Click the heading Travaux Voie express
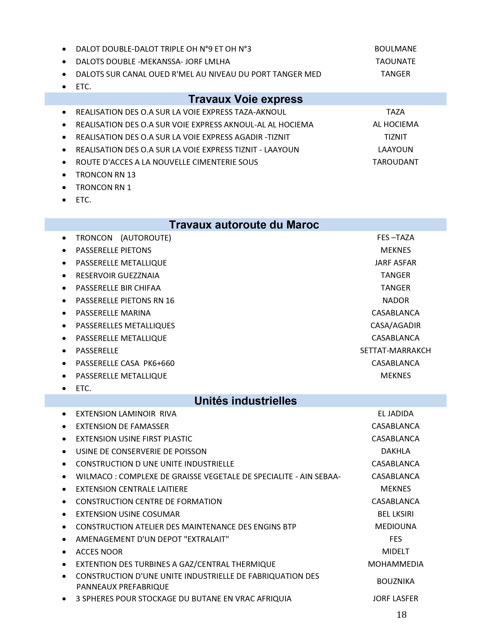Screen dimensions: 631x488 [246, 99]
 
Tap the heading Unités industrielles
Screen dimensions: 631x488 [246, 401]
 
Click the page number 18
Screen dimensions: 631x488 [401, 615]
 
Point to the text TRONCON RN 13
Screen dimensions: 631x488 [105, 175]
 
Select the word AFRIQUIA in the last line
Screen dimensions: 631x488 [274, 599]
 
